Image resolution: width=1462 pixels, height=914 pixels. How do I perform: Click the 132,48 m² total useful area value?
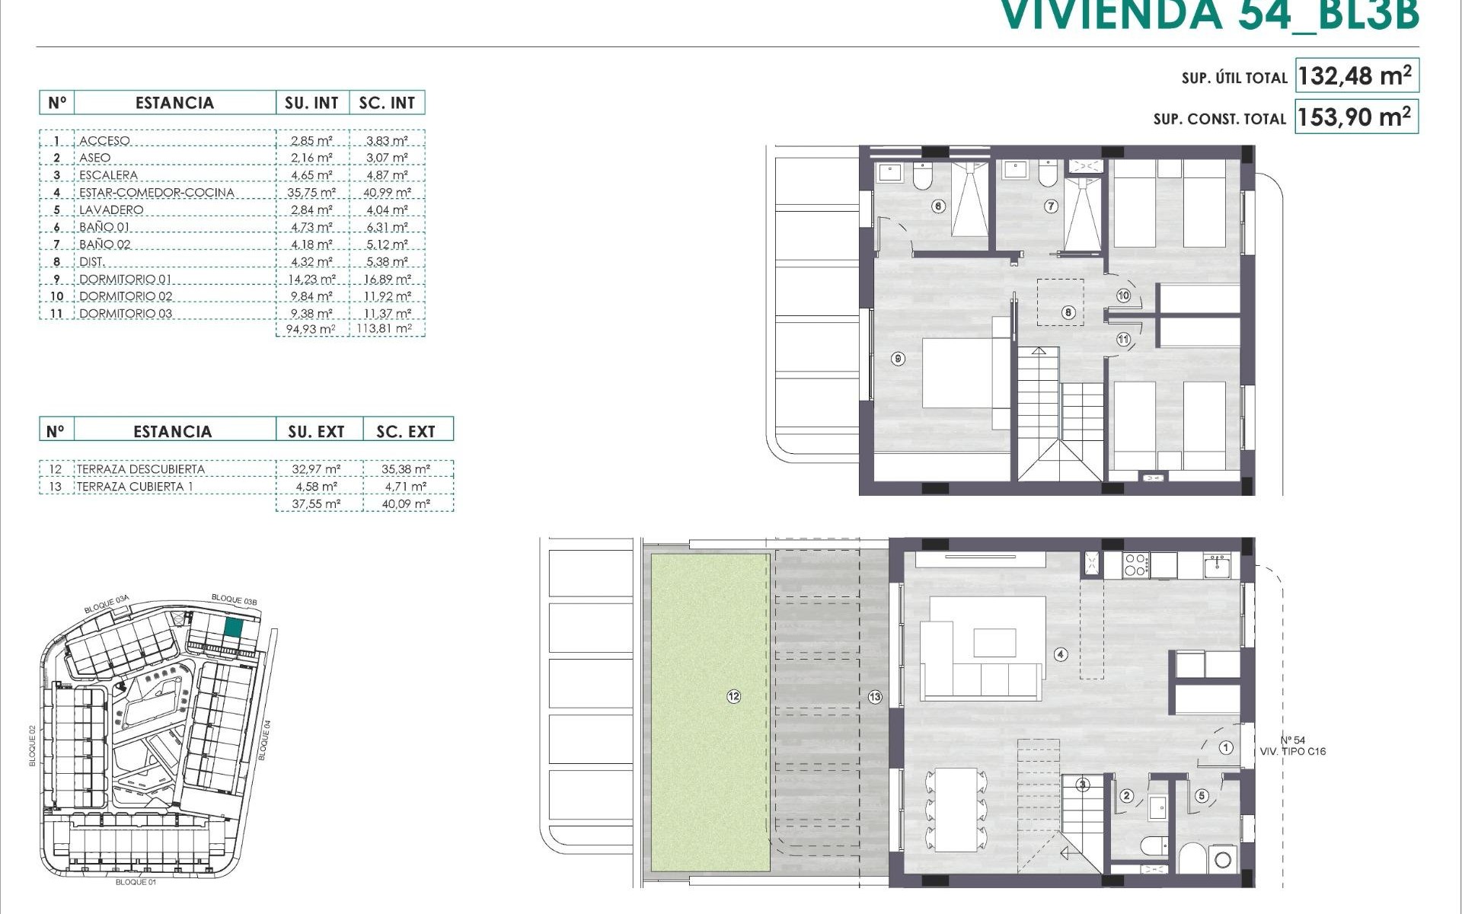[x=1355, y=76]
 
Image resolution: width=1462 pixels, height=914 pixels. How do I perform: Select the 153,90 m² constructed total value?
[x=1355, y=117]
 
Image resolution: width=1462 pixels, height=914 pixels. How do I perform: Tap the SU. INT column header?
[x=312, y=103]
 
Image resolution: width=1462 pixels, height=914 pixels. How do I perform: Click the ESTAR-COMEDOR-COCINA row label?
[x=156, y=193]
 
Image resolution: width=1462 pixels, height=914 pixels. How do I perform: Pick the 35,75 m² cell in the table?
[x=311, y=193]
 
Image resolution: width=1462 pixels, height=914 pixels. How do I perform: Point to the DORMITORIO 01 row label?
[x=126, y=280]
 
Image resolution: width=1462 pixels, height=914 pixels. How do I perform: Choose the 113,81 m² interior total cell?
[x=387, y=329]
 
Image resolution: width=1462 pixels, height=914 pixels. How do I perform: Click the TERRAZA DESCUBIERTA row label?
[x=141, y=469]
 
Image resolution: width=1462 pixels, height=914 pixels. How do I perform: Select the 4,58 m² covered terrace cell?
[x=317, y=487]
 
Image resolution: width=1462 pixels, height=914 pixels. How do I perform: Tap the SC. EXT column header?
[x=406, y=432]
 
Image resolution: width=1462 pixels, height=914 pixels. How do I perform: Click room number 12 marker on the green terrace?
[x=733, y=696]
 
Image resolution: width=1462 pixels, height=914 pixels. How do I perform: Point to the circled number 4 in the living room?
[x=1061, y=654]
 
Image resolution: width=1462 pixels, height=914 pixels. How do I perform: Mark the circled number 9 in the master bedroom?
[x=899, y=358]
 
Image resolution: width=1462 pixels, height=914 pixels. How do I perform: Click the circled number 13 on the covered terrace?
[x=875, y=696]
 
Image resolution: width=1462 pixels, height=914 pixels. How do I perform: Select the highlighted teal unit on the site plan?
[x=234, y=628]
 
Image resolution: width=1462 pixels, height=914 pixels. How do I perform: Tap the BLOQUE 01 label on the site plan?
[x=136, y=882]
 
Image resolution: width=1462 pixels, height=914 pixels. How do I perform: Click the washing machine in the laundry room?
[x=1223, y=860]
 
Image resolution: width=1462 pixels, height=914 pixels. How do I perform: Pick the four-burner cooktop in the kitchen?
[x=1135, y=564]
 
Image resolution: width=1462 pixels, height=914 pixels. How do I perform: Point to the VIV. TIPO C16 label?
[x=1293, y=752]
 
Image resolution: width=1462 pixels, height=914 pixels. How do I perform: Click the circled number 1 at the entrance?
[x=1226, y=748]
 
